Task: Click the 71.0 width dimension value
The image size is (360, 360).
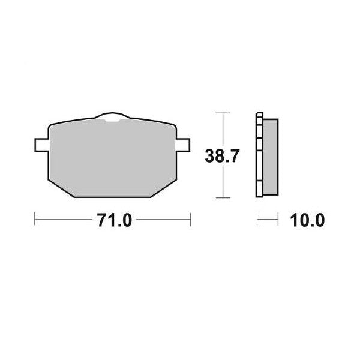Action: point(113,220)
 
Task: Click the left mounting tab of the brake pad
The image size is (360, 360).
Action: point(41,146)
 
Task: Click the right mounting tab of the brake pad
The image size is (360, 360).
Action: point(184,146)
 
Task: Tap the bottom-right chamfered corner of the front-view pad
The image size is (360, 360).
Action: point(166,188)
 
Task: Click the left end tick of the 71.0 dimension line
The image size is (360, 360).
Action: point(35,220)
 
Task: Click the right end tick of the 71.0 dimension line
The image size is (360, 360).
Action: point(190,220)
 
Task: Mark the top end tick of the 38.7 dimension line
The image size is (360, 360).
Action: point(223,113)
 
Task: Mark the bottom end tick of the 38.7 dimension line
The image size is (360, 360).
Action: point(223,197)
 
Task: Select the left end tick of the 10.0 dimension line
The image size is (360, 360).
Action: point(257,220)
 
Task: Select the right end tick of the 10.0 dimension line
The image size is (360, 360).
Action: point(280,220)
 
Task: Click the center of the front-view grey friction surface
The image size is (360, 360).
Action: point(112,157)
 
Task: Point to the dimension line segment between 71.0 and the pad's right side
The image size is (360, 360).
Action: point(162,220)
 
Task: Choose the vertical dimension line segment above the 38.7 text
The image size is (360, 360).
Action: point(223,129)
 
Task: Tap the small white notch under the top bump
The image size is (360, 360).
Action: point(112,122)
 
